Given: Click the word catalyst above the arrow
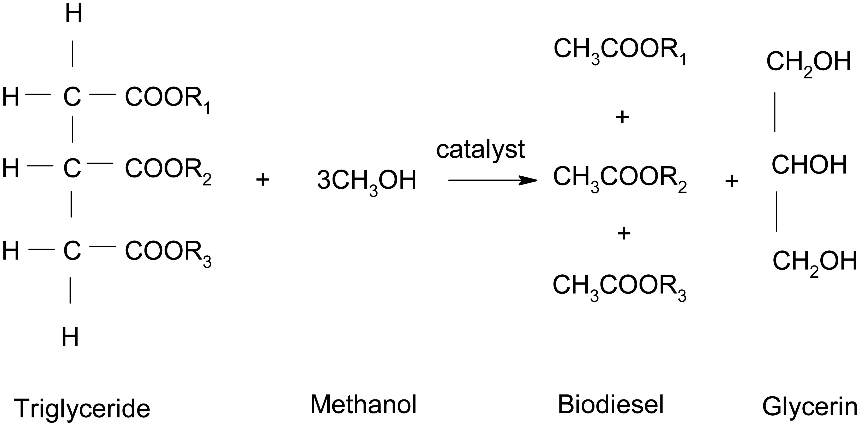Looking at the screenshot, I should tap(480, 150).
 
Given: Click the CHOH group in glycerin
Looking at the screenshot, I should tap(809, 165).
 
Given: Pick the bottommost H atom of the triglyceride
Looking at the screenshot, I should tap(70, 337).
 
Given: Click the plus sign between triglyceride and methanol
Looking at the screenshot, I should tap(262, 180).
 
